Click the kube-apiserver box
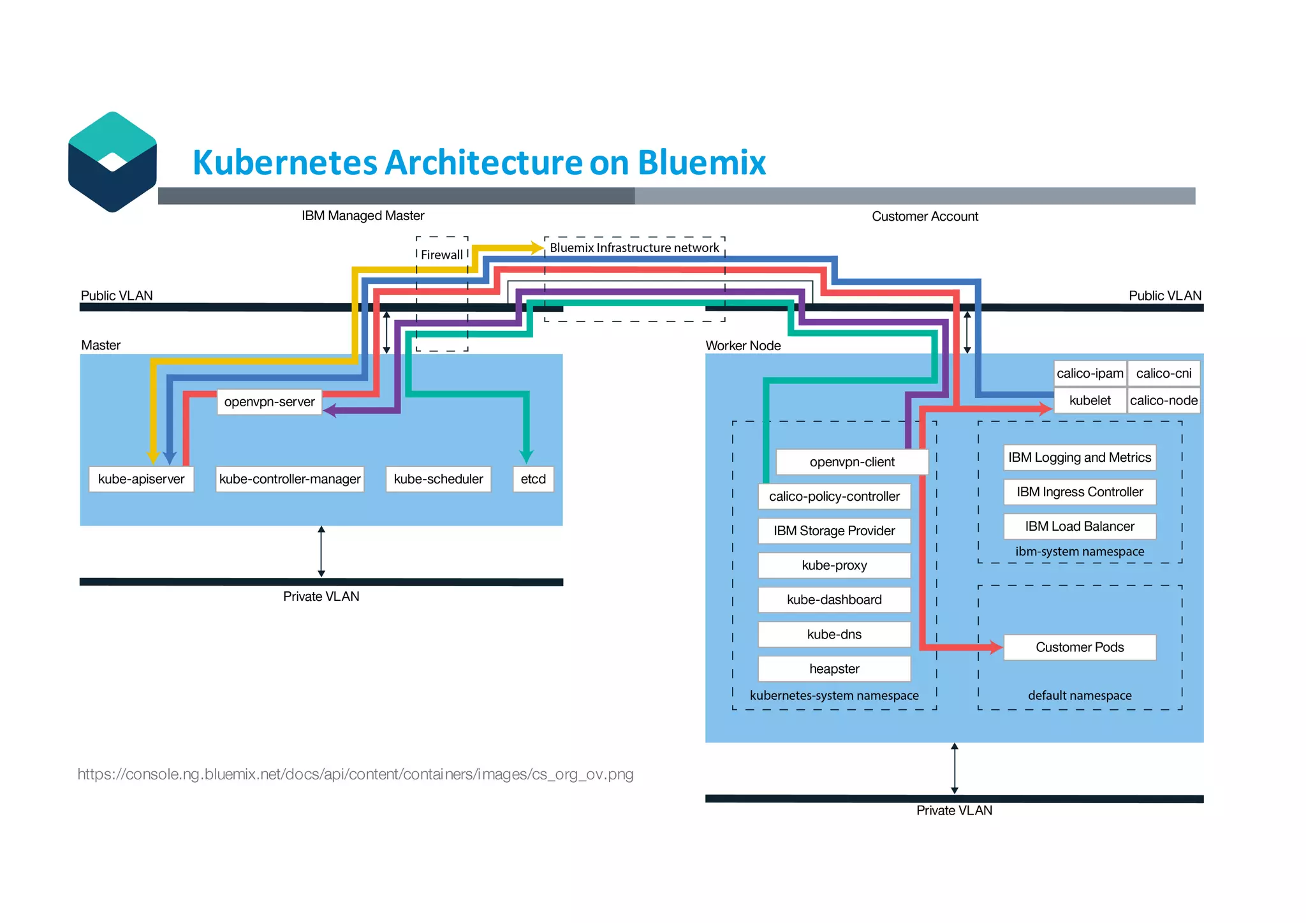pyautogui.click(x=141, y=479)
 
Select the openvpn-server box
pyautogui.click(x=269, y=402)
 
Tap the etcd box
pyautogui.click(x=533, y=479)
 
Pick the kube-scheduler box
pyautogui.click(x=438, y=479)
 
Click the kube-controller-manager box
pyautogui.click(x=290, y=479)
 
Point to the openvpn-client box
pyautogui.click(x=851, y=462)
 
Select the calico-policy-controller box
pyautogui.click(x=834, y=496)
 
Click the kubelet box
pyautogui.click(x=1089, y=401)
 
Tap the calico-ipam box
pyautogui.click(x=1089, y=373)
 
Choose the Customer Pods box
pyautogui.click(x=1079, y=647)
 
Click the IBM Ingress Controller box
pyautogui.click(x=1079, y=492)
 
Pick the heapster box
pyautogui.click(x=834, y=668)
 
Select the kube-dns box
pyautogui.click(x=834, y=634)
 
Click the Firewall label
pyautogui.click(x=442, y=255)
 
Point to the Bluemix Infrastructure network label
pyautogui.click(x=634, y=247)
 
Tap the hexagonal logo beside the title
pyautogui.click(x=112, y=162)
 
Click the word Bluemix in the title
pyautogui.click(x=701, y=162)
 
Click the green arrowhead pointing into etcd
pyautogui.click(x=526, y=456)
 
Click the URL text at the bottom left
pyautogui.click(x=355, y=774)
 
